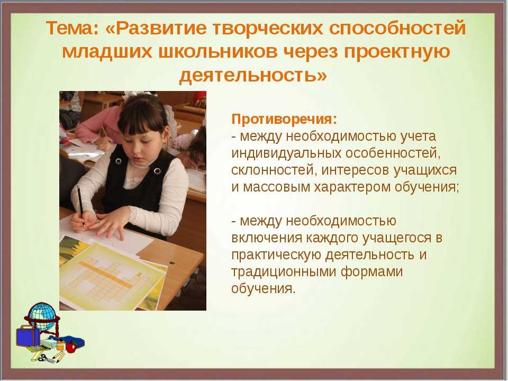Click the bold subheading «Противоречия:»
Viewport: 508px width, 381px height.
tap(284, 119)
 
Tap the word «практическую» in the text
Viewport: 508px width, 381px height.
tap(276, 255)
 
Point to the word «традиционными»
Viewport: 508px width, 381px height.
tap(284, 271)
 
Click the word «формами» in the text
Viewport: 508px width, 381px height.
tap(371, 271)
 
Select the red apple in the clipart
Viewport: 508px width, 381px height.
tap(71, 347)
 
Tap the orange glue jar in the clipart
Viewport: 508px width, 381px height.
tap(60, 344)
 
